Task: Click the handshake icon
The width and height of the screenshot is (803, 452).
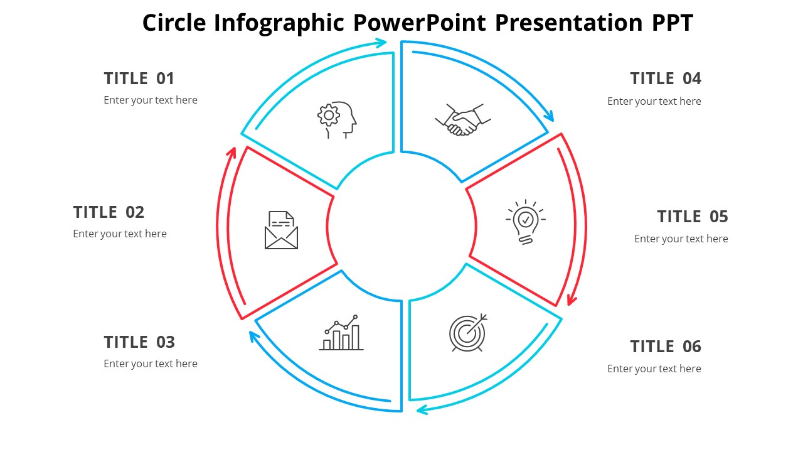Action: click(x=463, y=119)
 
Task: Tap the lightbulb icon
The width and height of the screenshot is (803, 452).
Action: click(x=526, y=222)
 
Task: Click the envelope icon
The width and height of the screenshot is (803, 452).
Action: click(x=281, y=230)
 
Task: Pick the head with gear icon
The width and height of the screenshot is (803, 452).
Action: click(x=337, y=119)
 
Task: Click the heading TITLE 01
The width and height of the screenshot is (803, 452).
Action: click(x=139, y=78)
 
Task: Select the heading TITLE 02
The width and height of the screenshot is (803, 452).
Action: click(x=109, y=212)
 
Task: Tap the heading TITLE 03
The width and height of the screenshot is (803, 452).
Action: click(x=139, y=342)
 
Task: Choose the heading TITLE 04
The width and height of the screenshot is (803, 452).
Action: click(x=666, y=78)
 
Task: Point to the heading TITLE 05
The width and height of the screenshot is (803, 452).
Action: click(x=693, y=217)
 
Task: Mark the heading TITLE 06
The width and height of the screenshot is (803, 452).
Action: click(x=666, y=347)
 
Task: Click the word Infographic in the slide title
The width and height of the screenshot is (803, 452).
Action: click(x=279, y=23)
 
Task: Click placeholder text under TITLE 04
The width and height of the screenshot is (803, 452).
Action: click(x=654, y=101)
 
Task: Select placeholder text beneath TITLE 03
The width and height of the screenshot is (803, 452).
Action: click(x=151, y=363)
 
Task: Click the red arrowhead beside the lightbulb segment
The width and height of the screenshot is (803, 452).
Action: click(x=571, y=301)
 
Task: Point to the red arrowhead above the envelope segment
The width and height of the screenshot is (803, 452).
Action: click(x=232, y=152)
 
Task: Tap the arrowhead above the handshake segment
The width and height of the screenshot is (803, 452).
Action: click(x=550, y=116)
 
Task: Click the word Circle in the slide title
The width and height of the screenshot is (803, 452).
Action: click(x=174, y=23)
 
